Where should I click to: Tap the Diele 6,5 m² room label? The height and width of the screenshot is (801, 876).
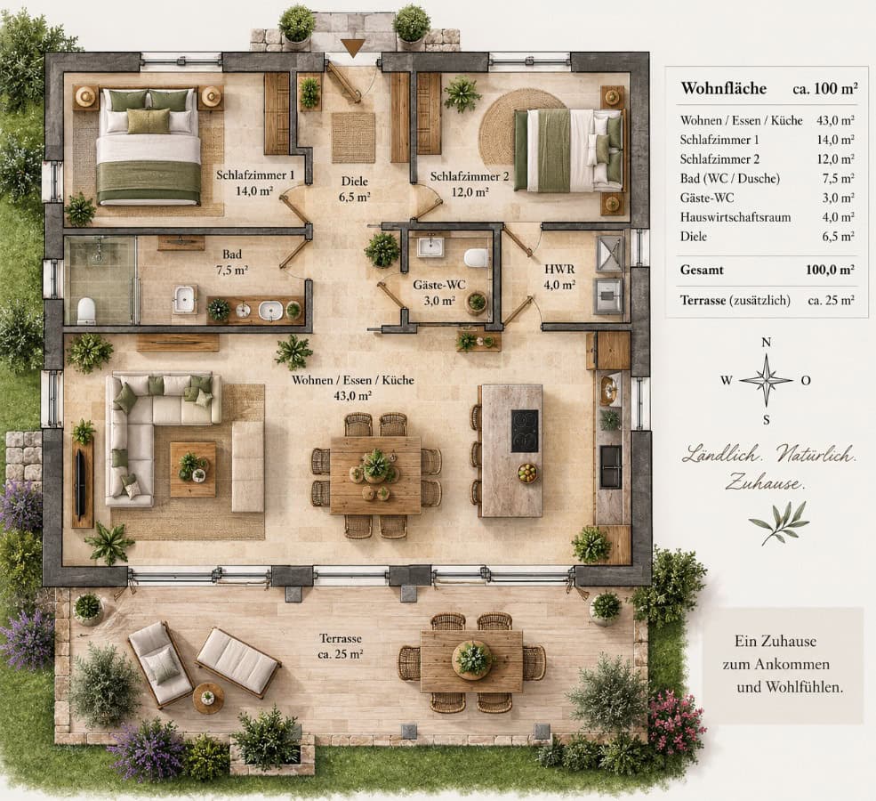(x=355, y=189)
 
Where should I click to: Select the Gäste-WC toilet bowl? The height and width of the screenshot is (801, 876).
(x=476, y=258)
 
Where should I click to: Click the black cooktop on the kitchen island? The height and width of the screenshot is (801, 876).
(x=525, y=431)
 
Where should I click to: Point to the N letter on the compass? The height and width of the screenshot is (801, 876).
(x=767, y=343)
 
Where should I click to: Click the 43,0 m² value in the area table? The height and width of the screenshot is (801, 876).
(x=835, y=120)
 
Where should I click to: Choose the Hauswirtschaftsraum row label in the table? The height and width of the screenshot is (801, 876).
(x=735, y=217)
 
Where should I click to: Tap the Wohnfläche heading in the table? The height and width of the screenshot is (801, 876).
(x=724, y=88)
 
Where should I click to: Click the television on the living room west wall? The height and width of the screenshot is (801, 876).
(x=80, y=481)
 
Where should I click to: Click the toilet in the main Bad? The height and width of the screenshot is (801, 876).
(x=86, y=311)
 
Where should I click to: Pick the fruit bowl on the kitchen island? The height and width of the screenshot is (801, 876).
(x=526, y=473)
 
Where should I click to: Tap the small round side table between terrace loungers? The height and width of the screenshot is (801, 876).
(x=208, y=698)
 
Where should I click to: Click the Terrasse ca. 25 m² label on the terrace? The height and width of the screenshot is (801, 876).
(x=341, y=645)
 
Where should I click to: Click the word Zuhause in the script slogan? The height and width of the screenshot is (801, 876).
(x=764, y=482)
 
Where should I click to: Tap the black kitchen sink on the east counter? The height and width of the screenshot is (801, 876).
(x=610, y=465)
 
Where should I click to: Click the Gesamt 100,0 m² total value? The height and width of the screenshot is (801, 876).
(x=830, y=270)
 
